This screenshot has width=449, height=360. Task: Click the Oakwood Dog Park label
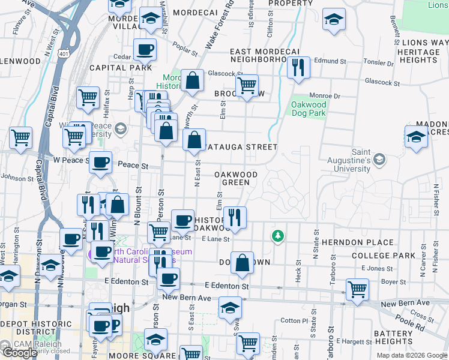(309, 109)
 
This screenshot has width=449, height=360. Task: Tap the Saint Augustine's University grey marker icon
(379, 160)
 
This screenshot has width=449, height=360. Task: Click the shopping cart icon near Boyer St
(357, 289)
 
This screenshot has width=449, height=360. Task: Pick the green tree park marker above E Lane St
(277, 236)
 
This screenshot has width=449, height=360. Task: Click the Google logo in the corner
(20, 353)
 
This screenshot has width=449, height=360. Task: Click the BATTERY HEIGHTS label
(393, 337)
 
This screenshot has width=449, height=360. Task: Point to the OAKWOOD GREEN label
(236, 178)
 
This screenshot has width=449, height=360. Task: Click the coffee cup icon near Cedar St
(145, 50)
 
